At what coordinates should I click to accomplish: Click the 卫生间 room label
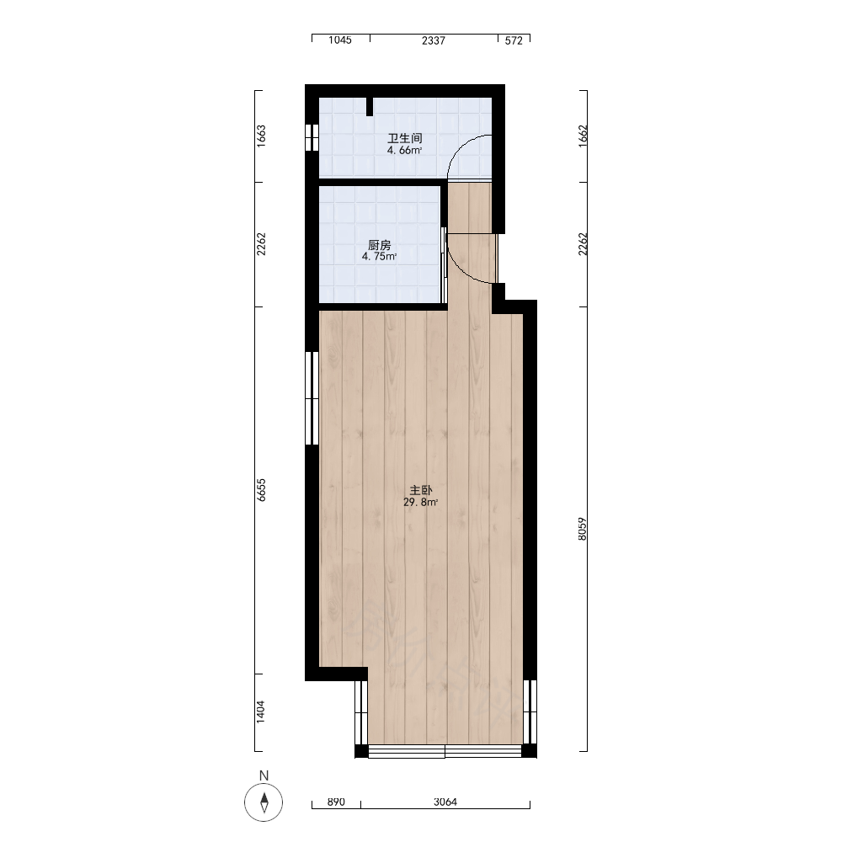pos(404,138)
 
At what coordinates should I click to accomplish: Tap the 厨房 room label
pos(379,245)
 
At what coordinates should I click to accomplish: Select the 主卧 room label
pos(420,490)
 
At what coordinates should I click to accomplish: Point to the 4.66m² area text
pos(404,151)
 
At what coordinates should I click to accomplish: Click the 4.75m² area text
pos(379,257)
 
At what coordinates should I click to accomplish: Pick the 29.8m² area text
pos(420,503)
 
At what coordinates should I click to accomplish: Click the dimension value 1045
pos(340,40)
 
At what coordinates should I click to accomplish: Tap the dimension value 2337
pos(434,40)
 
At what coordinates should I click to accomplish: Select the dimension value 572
pos(514,40)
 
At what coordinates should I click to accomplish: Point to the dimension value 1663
pos(261,136)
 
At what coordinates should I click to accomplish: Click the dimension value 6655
pos(261,490)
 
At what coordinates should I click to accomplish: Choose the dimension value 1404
pos(261,711)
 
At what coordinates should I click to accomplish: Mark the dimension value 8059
pos(583,529)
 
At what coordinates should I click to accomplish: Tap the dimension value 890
pos(336,802)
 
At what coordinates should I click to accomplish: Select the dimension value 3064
pos(445,802)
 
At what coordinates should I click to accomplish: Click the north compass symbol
pos(264,802)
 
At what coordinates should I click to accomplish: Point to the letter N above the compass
pos(264,775)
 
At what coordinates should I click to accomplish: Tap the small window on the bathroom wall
pos(312,137)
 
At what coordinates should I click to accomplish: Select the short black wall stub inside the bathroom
pos(370,107)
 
